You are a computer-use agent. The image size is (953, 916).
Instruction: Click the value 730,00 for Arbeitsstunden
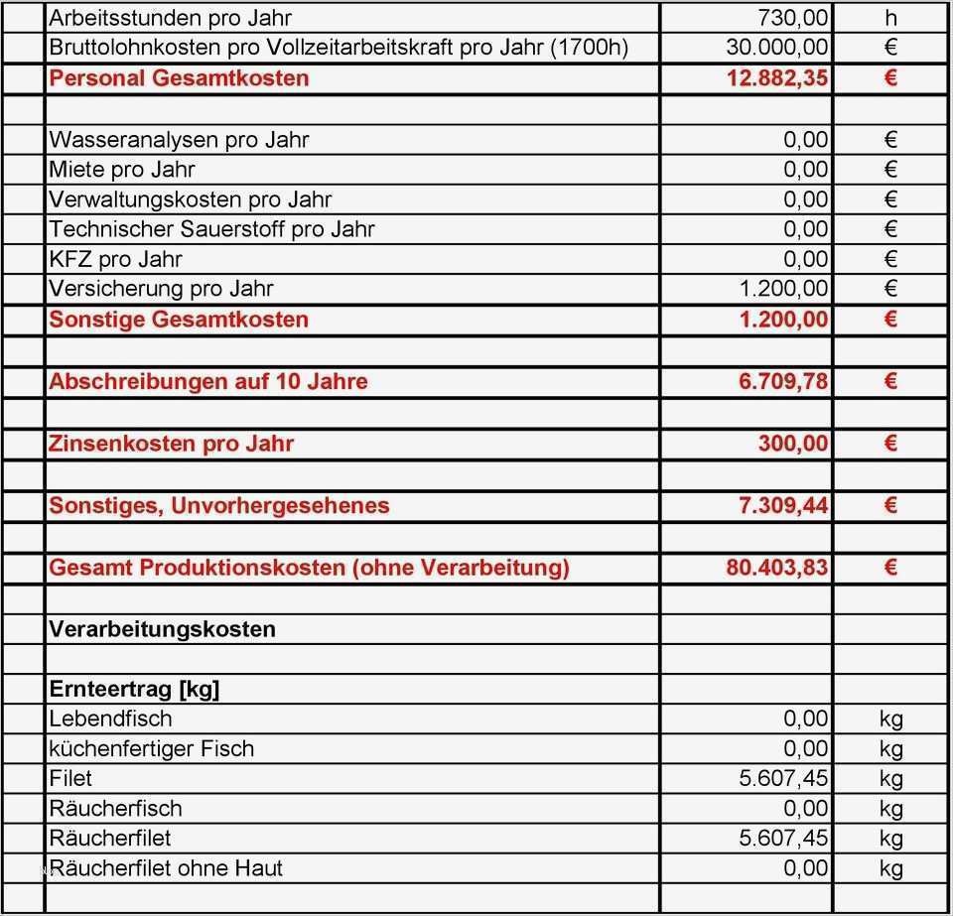792,18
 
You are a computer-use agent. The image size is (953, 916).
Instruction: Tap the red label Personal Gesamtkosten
179,78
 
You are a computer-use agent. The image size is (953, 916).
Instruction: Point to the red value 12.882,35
777,78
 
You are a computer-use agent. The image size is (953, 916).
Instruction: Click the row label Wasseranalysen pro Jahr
179,140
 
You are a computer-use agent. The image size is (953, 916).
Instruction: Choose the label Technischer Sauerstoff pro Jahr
211,229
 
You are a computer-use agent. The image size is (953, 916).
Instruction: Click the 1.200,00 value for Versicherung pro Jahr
783,289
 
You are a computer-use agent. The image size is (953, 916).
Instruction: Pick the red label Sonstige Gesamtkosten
179,320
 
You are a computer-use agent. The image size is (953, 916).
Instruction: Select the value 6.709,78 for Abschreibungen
783,381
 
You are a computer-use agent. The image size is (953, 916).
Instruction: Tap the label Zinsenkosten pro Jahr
172,444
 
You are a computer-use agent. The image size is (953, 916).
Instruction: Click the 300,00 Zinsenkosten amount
793,444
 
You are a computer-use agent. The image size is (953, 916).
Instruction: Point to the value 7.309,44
783,505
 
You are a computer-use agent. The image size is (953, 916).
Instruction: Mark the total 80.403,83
777,568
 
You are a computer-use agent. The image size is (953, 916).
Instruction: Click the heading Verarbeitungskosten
162,629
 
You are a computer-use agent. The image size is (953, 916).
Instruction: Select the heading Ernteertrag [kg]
134,690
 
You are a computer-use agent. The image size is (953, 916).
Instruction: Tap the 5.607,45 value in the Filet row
783,778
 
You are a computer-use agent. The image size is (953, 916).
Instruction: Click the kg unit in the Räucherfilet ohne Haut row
890,868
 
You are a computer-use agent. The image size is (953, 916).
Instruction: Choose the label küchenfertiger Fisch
151,748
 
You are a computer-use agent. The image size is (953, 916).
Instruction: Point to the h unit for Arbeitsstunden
889,18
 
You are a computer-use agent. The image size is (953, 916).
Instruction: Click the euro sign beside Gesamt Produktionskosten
889,568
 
